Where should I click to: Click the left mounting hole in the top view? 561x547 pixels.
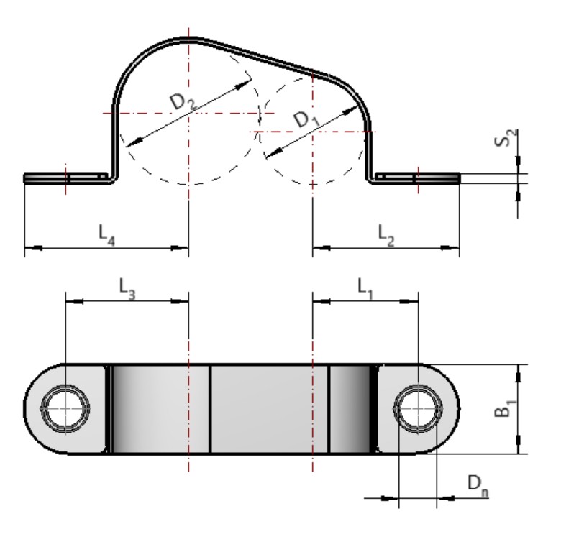65,408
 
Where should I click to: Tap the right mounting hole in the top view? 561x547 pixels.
417,408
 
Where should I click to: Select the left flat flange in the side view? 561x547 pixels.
65,178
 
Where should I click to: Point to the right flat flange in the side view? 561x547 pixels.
417,178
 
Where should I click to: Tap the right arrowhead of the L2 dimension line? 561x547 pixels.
455,248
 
